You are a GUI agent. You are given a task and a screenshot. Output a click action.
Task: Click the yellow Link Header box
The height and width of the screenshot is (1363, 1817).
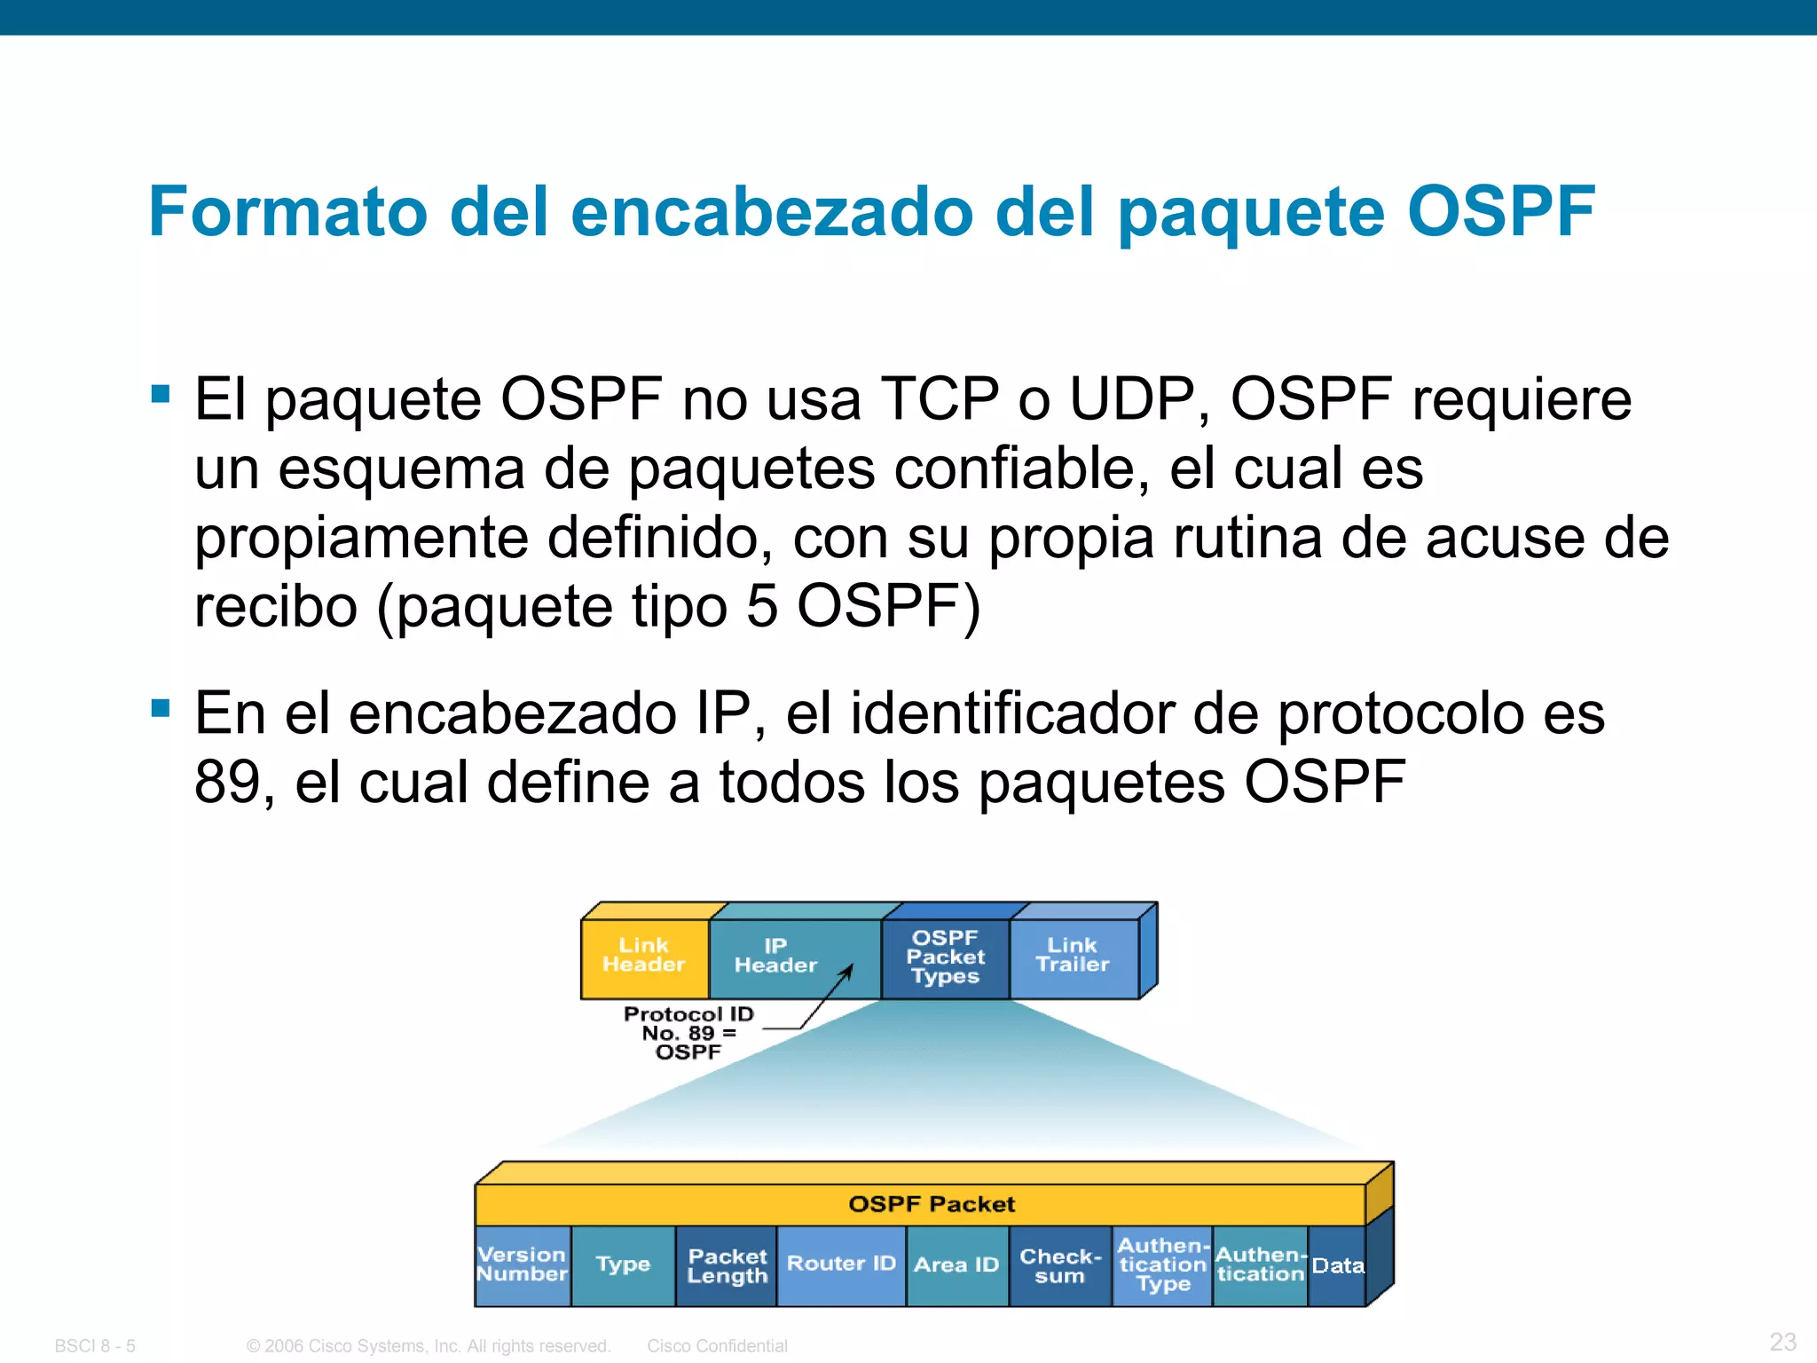(644, 957)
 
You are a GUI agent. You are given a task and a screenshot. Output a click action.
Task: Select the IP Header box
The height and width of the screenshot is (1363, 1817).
(775, 957)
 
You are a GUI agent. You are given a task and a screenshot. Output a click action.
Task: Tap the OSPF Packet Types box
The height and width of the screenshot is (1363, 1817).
(945, 957)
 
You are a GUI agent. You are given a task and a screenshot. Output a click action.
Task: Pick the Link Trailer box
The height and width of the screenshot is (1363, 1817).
(1073, 957)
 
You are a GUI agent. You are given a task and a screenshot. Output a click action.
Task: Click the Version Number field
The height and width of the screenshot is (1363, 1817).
(522, 1265)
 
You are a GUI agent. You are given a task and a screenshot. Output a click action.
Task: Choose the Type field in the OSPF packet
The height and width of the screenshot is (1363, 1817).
(623, 1265)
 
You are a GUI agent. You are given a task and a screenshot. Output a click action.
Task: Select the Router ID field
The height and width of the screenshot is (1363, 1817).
(841, 1265)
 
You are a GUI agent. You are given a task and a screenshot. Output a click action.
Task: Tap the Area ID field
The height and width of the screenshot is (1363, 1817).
(956, 1265)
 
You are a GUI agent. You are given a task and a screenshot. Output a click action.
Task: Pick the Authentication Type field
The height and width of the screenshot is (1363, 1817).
(1163, 1265)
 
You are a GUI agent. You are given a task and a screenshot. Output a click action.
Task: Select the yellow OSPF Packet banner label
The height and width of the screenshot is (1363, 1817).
(932, 1204)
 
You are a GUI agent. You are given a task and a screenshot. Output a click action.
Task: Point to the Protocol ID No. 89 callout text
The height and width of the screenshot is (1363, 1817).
(688, 1033)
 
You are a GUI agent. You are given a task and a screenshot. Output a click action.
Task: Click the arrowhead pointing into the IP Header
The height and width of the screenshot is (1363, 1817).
(847, 972)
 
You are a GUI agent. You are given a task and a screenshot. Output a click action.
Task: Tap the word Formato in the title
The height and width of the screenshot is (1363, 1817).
(288, 212)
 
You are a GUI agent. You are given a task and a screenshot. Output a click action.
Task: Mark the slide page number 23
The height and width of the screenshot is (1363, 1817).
(1782, 1342)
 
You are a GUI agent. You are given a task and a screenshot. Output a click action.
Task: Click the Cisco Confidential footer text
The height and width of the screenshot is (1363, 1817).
(717, 1346)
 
